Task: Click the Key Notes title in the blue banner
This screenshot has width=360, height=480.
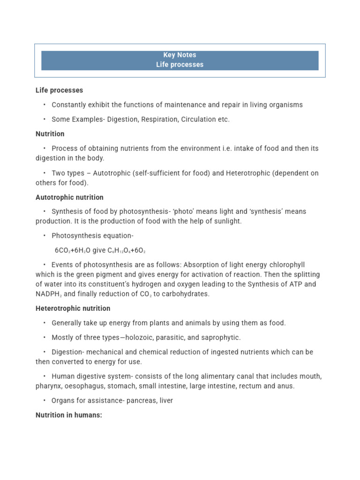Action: tap(180, 55)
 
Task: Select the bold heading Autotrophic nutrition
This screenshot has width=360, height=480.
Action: tap(69, 197)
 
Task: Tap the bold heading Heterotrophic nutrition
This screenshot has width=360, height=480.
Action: tap(73, 308)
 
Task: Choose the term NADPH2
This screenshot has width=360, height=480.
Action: tap(48, 294)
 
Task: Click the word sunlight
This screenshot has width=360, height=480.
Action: tap(226, 221)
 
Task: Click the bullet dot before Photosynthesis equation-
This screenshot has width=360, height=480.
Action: tap(44, 236)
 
